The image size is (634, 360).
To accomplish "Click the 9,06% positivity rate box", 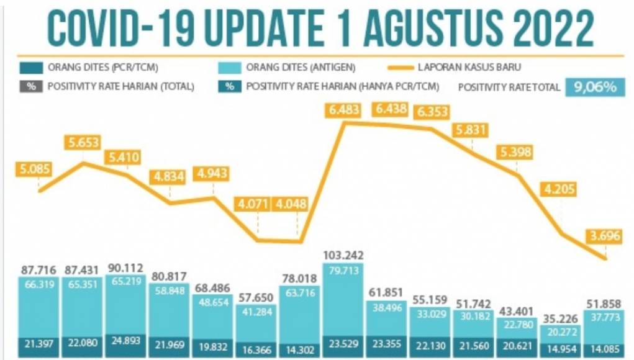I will [594, 86].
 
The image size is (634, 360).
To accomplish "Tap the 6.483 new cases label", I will [342, 110].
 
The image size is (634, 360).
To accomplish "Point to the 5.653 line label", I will [84, 142].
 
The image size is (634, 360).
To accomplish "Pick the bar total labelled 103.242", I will [343, 255].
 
